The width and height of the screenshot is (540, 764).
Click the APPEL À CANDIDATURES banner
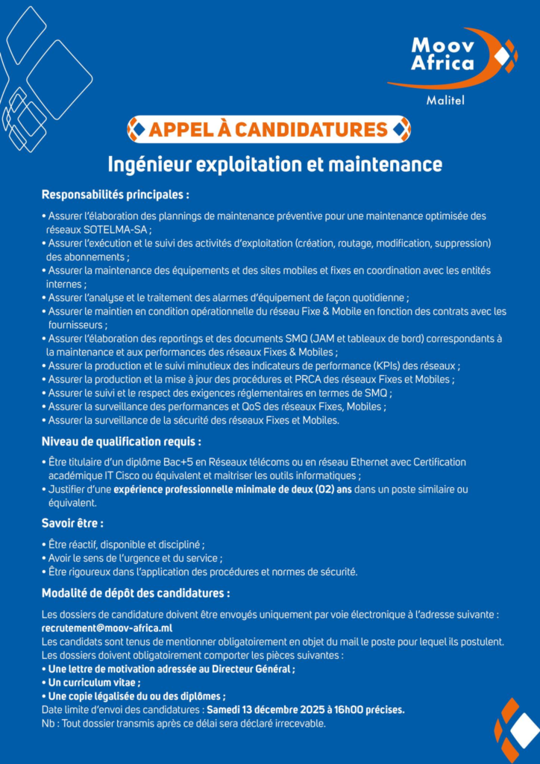(269, 130)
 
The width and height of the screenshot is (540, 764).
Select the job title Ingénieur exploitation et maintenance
(274, 164)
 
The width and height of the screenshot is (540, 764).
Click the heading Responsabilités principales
(115, 195)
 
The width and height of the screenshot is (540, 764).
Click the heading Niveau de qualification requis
(121, 442)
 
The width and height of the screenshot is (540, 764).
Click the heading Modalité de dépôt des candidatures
(135, 593)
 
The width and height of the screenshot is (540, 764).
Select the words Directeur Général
(253, 668)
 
